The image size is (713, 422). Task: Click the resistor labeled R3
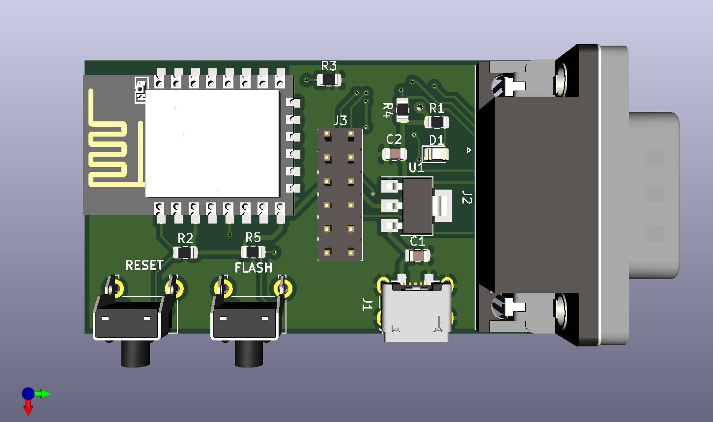(329, 80)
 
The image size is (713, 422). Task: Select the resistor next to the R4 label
(402, 110)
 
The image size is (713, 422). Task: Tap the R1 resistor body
(436, 121)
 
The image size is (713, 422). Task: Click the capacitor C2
(394, 154)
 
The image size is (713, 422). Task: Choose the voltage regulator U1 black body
(418, 205)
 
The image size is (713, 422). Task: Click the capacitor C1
(418, 255)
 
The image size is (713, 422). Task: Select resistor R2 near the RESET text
(185, 253)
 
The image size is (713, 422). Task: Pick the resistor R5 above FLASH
(253, 252)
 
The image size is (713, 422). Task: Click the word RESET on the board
(144, 265)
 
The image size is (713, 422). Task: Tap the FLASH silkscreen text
(253, 268)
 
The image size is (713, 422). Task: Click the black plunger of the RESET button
(136, 354)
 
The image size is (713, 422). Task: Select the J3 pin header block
(339, 194)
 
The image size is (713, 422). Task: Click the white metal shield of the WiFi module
(212, 143)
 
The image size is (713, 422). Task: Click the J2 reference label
(467, 198)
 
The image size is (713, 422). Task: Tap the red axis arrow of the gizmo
(28, 408)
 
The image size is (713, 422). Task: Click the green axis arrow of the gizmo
(44, 394)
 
